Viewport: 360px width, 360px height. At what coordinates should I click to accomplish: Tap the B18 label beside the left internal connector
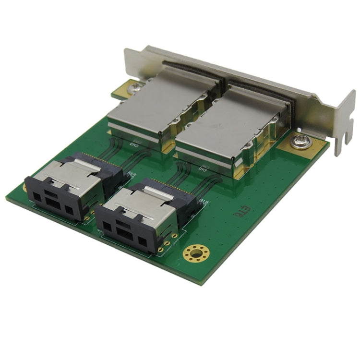[x=130, y=176]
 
